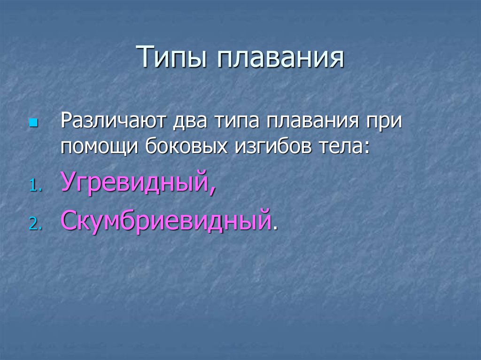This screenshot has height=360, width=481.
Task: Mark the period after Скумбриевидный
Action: (275, 227)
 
